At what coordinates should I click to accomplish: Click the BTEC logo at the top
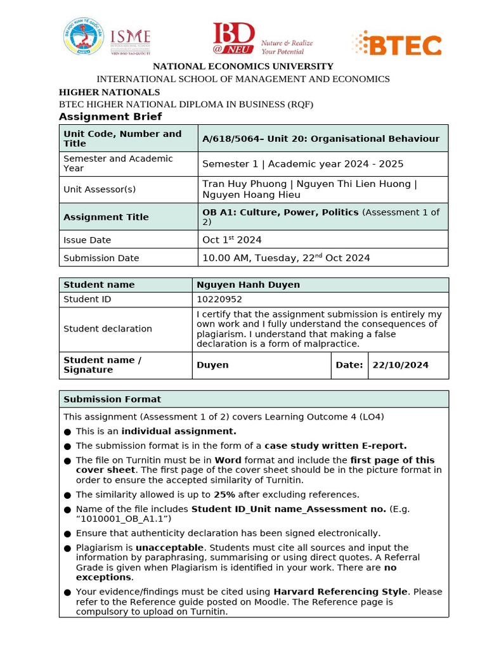[x=396, y=44]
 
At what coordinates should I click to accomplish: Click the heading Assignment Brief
[x=110, y=117]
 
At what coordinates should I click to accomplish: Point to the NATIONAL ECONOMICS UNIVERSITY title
[x=243, y=67]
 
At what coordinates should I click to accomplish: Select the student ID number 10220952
[x=219, y=299]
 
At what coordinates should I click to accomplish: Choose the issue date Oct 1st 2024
[x=231, y=240]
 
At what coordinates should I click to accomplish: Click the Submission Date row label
[x=101, y=258]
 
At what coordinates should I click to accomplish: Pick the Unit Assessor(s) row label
[x=100, y=189]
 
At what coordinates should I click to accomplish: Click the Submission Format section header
[x=112, y=399]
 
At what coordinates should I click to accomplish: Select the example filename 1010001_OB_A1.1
[x=123, y=518]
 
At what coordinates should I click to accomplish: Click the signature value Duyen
[x=212, y=365]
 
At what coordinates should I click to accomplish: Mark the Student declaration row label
[x=108, y=328]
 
